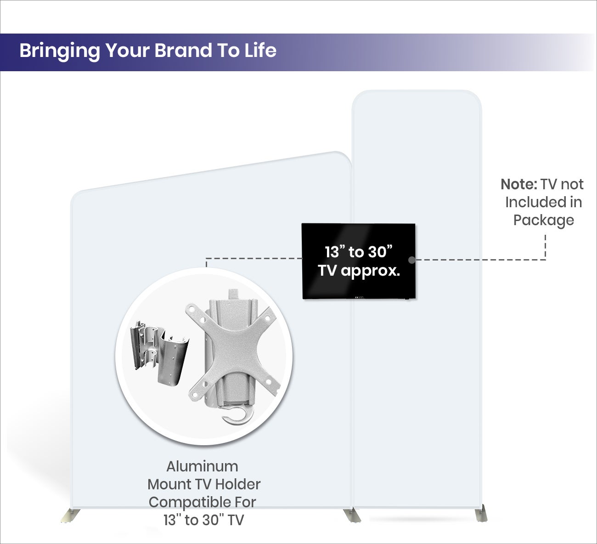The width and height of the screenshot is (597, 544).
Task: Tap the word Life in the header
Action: tap(260, 51)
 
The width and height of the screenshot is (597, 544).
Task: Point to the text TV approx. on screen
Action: tap(359, 271)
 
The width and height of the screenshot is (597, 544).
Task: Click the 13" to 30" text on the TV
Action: tap(359, 252)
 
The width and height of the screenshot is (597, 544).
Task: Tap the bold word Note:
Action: tap(518, 184)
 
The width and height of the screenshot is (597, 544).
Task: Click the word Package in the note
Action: tap(544, 220)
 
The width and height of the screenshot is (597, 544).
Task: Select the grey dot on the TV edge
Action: tap(412, 260)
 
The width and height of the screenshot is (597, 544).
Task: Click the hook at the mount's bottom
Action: tap(236, 414)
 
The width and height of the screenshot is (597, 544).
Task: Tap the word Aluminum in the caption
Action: tap(202, 466)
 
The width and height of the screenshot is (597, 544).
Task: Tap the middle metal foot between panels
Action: tap(352, 515)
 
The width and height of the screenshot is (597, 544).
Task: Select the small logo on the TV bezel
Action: tap(360, 297)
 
